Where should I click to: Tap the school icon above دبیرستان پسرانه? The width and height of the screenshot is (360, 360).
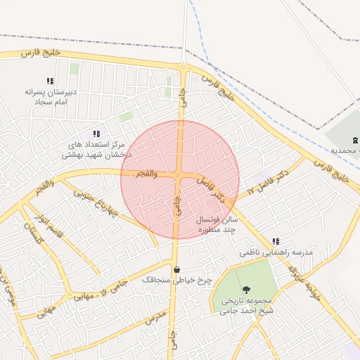(50, 82)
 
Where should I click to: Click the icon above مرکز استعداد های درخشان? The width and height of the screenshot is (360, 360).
(96, 134)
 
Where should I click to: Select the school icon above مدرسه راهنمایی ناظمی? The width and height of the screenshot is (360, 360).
(276, 241)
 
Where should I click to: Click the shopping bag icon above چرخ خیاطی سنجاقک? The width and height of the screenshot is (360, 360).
(176, 269)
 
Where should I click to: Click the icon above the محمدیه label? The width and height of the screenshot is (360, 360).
(355, 140)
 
